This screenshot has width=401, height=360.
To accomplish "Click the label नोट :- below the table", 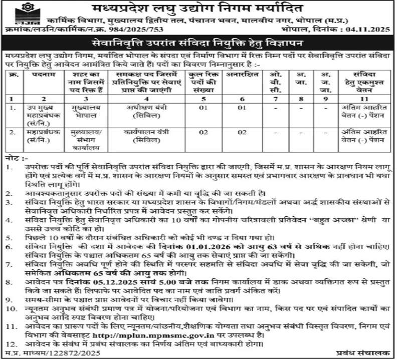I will coord(15,157).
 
